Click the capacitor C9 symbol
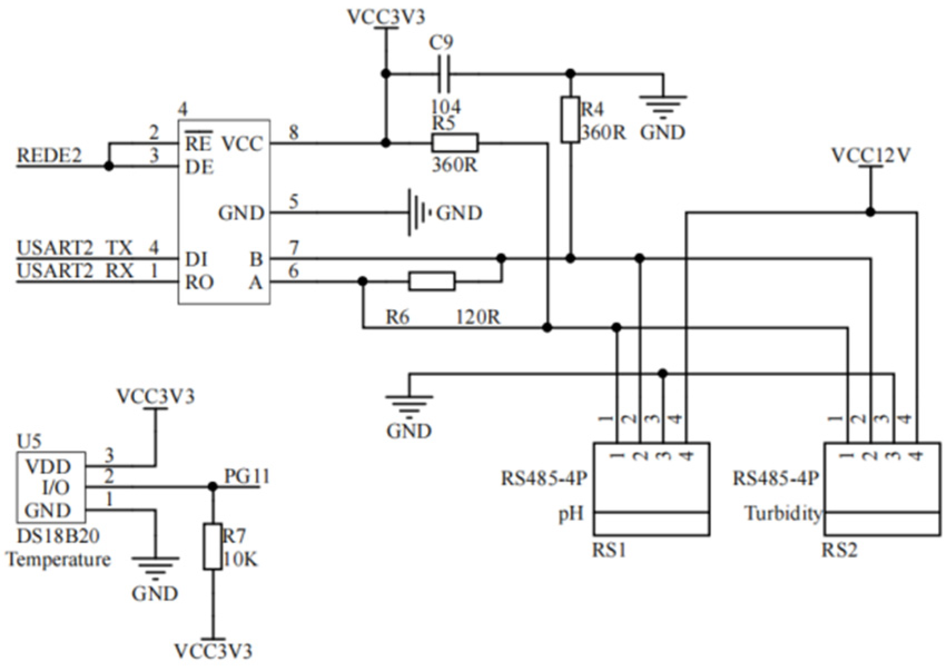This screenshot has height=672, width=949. [443, 73]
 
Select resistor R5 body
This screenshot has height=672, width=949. [454, 143]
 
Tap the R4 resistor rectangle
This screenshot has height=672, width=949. [570, 120]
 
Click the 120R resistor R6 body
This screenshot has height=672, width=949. [432, 281]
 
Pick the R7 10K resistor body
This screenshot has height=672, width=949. [212, 546]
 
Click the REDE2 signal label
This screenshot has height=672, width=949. [50, 156]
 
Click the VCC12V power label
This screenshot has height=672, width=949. [871, 156]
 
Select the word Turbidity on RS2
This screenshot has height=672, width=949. [783, 513]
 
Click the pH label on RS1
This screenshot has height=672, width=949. [571, 513]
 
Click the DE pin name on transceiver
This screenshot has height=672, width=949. [199, 167]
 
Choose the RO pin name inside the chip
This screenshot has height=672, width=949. [199, 283]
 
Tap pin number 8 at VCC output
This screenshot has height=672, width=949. [293, 132]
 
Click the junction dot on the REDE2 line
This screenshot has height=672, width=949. [109, 166]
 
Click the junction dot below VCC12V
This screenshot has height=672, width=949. [871, 212]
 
